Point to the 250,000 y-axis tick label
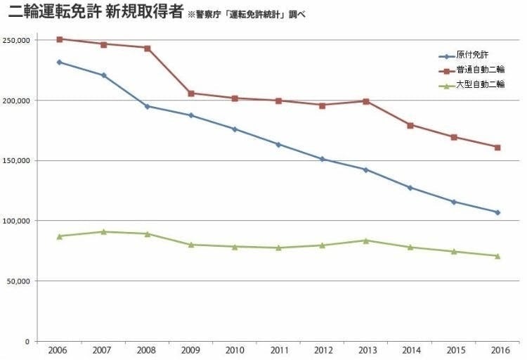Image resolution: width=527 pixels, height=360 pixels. point(17,40)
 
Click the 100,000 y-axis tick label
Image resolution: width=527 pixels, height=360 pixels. point(17,221)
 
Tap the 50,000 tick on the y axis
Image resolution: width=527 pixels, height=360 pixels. point(19,281)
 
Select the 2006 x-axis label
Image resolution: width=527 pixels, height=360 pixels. point(59,349)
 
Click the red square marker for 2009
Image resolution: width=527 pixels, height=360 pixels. point(191,94)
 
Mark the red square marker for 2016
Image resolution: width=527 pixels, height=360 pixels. point(497,147)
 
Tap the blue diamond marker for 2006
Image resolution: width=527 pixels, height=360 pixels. point(59,62)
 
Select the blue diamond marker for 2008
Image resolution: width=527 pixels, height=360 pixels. point(147,106)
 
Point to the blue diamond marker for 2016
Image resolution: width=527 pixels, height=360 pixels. point(497,212)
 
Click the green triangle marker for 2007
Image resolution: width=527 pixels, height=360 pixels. point(103,231)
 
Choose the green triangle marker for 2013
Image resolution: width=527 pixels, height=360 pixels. point(365,240)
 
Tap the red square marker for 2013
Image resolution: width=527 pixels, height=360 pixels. point(365,101)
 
